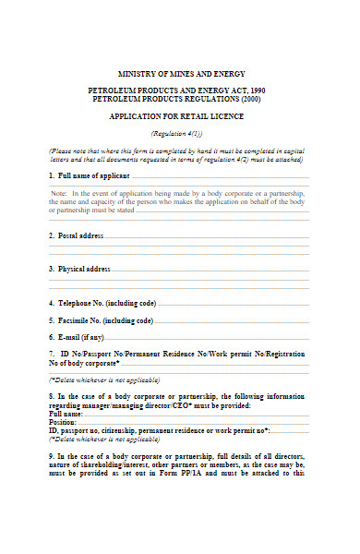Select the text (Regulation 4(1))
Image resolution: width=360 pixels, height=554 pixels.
(x=178, y=134)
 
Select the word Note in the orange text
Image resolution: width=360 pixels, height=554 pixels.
(x=61, y=192)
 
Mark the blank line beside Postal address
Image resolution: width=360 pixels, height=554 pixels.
(x=207, y=237)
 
